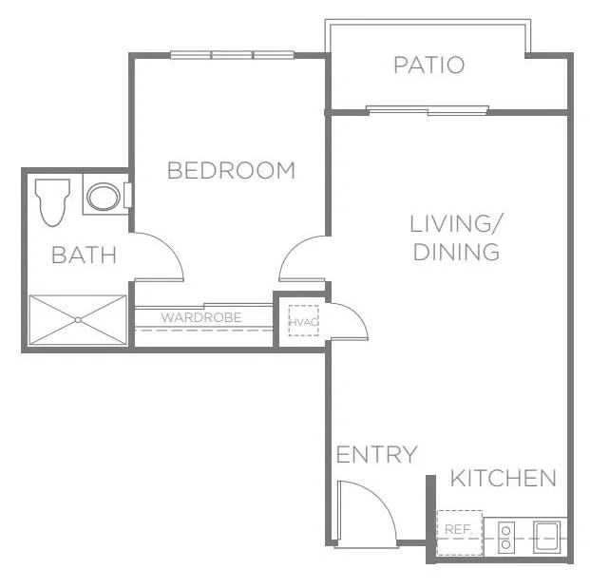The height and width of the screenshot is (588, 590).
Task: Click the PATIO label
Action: (428, 65)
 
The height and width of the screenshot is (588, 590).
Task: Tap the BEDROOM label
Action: (231, 170)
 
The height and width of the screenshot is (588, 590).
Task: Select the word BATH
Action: (84, 255)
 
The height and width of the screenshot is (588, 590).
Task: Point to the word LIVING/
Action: (456, 223)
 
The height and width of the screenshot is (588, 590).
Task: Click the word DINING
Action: (456, 252)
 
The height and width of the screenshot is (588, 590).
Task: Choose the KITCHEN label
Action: (504, 478)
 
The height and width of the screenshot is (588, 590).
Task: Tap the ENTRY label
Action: (376, 454)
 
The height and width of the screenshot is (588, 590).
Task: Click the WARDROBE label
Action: (201, 317)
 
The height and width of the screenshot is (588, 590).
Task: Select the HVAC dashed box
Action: (303, 320)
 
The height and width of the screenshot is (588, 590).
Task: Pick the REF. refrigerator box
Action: (460, 532)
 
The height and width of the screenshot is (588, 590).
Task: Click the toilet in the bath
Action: (52, 202)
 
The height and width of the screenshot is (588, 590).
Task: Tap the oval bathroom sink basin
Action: (104, 197)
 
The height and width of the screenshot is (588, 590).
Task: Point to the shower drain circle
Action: (78, 320)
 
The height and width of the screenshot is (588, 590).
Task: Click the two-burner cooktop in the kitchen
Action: (506, 538)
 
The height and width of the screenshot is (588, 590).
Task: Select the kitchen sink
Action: (546, 538)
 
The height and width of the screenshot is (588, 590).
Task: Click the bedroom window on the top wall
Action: (232, 55)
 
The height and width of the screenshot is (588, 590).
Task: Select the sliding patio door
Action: (428, 110)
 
